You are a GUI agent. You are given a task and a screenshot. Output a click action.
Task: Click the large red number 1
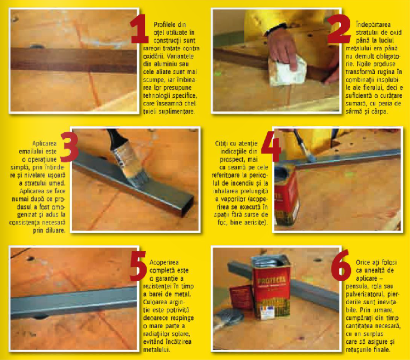139,29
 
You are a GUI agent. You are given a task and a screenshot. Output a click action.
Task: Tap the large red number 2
339,29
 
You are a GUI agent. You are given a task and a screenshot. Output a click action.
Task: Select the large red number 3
69,147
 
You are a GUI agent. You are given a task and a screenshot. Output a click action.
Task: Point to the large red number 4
271,146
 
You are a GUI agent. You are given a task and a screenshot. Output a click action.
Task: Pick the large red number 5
138,266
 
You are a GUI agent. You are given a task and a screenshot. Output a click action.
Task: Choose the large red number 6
341,265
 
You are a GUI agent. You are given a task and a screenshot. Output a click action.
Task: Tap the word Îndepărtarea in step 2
373,25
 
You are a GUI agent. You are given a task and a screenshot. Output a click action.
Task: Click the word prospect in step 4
231,159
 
